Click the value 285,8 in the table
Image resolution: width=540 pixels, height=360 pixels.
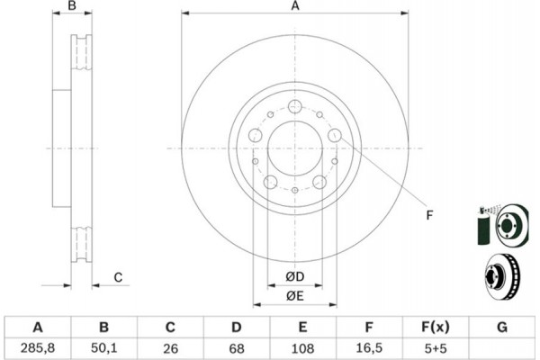coord(37,346)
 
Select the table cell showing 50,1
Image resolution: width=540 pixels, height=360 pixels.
coord(103,346)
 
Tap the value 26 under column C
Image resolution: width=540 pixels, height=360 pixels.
coord(170,346)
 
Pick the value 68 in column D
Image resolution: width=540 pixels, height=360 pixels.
coord(237,346)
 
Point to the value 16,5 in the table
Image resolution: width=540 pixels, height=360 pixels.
coord(370,346)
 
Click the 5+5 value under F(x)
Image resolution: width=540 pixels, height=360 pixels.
coord(436,346)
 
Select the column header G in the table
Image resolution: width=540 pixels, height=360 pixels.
coord(502,327)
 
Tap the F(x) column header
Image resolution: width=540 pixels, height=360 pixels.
coord(436,327)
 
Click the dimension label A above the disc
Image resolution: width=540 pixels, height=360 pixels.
coord(294,7)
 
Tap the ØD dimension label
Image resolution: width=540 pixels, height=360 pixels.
coord(294,275)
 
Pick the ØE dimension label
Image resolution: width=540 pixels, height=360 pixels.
coord(294,295)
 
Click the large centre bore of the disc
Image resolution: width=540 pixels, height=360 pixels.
coord(294,148)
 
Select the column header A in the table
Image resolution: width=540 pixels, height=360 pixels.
coord(37,327)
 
